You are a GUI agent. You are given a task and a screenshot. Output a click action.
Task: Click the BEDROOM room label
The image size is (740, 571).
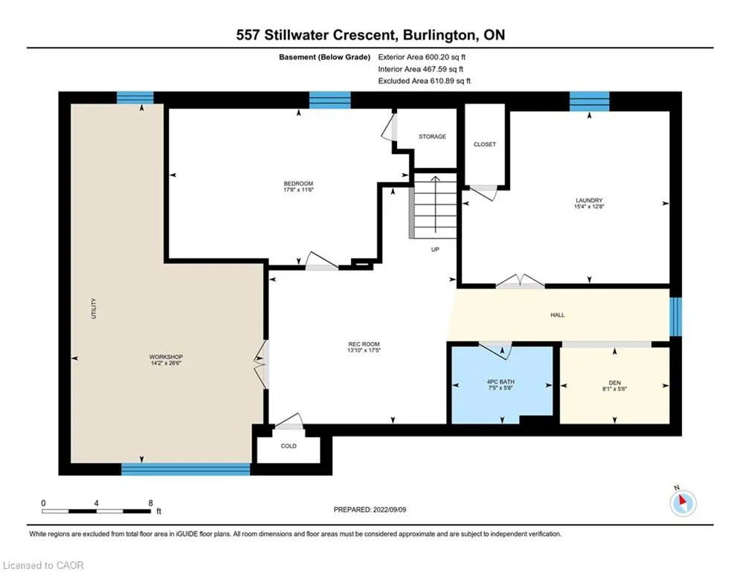coord(298,184)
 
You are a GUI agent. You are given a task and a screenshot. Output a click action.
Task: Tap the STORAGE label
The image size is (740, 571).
coord(432,136)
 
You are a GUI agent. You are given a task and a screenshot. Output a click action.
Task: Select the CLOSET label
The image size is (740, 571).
coord(485,144)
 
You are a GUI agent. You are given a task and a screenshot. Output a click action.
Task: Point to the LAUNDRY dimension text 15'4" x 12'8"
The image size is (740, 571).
coord(589,206)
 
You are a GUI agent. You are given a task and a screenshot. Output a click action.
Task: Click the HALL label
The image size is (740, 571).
coord(557,314)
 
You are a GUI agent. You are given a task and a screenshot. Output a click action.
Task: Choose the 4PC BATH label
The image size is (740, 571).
coord(501,381)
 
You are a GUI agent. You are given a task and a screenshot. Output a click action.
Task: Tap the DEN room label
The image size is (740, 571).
coord(614,383)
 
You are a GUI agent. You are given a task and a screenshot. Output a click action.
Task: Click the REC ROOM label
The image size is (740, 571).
coord(364,344)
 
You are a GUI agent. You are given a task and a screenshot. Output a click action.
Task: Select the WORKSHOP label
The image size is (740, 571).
coord(166,357)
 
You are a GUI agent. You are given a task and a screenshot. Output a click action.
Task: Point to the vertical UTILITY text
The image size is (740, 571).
coord(94,309)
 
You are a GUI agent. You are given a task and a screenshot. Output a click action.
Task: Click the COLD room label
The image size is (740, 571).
coord(289,446)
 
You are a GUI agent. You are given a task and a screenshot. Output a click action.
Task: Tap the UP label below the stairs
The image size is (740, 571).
coord(435,249)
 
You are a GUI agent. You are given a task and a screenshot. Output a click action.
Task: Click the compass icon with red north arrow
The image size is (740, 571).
coord(683,503)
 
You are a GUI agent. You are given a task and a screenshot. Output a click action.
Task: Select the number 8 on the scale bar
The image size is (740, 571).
coord(150,503)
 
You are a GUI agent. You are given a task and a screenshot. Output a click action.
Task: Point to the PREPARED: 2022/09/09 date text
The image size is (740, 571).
coord(370,509)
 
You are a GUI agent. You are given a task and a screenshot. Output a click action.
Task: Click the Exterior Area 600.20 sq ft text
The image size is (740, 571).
coord(422,57)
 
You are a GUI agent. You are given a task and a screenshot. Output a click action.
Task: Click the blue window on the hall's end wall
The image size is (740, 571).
coord(676,316)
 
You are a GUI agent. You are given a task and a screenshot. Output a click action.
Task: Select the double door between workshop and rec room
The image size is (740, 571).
coord(262,364)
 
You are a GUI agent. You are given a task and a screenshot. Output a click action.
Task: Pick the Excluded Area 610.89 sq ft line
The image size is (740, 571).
coord(424,81)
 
